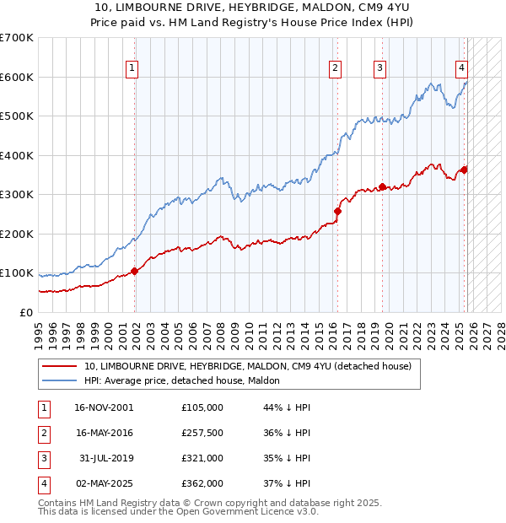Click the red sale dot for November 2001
click(x=134, y=272)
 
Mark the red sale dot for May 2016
click(x=337, y=211)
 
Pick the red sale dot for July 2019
click(x=382, y=186)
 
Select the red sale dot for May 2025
click(x=464, y=170)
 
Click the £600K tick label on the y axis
click(x=16, y=77)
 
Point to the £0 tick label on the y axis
click(x=25, y=312)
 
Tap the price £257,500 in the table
click(x=202, y=434)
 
